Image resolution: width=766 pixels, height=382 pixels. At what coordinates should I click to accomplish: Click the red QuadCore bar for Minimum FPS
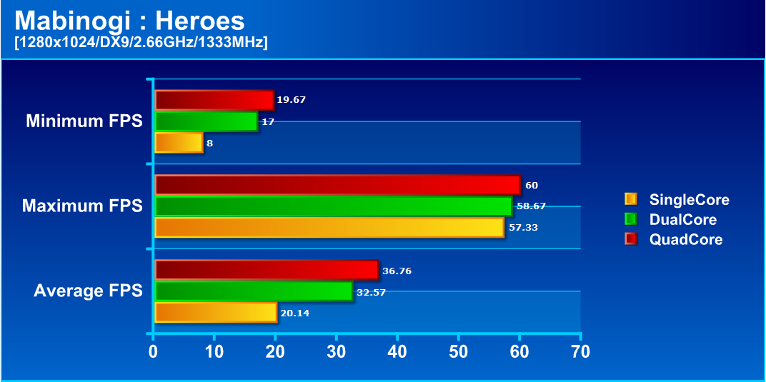(214, 100)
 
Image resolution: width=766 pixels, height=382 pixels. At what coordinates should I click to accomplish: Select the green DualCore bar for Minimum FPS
(206, 121)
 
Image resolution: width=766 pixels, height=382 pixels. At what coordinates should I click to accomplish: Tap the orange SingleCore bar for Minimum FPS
(179, 143)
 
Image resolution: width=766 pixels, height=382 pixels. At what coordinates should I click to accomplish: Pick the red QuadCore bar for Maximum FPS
(337, 185)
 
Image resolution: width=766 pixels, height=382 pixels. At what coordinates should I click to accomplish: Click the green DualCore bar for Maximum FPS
(333, 206)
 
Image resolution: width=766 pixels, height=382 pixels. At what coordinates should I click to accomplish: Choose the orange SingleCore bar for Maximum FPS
(329, 228)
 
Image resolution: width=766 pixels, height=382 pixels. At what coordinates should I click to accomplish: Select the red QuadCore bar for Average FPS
(266, 270)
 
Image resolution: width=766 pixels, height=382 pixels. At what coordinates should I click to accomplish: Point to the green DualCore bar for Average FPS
(253, 291)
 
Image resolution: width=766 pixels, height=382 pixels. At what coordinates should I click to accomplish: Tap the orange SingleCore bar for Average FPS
(215, 313)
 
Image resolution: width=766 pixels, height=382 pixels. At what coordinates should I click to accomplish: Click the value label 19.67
(291, 100)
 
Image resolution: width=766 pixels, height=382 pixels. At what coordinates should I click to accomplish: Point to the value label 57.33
(522, 228)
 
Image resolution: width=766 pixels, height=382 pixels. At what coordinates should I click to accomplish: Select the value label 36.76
(397, 271)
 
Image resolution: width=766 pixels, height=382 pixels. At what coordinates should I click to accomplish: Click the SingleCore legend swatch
(630, 199)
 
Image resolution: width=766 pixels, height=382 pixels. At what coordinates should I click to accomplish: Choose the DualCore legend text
(682, 220)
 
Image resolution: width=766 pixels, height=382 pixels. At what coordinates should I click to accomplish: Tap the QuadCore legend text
(685, 240)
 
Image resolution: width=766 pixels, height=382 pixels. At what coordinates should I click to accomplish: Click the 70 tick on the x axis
(581, 351)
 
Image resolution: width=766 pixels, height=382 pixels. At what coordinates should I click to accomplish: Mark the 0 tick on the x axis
(153, 351)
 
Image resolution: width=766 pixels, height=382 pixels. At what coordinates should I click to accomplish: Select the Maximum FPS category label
(82, 206)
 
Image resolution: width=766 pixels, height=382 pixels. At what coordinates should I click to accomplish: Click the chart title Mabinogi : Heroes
(129, 21)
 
